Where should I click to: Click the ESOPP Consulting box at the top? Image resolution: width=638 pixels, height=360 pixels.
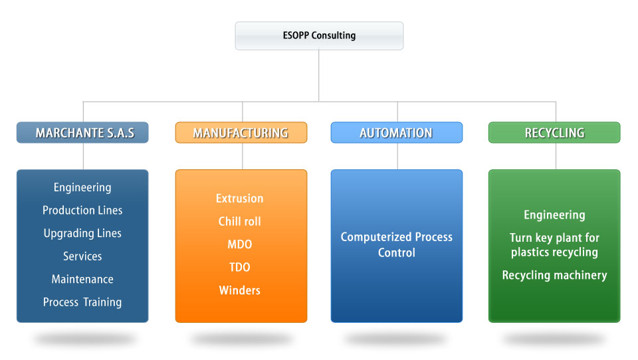[319, 36]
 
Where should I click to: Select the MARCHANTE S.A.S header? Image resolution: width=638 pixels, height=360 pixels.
[82, 133]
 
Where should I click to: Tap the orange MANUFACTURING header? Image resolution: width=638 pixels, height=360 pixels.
[241, 133]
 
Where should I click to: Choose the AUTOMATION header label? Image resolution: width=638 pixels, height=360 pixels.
[397, 133]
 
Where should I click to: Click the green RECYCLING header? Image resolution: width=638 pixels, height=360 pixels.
[554, 133]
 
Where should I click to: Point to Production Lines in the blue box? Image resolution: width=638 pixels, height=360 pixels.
[82, 211]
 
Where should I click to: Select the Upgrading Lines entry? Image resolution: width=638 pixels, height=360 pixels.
[82, 234]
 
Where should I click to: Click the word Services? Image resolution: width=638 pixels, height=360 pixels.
[82, 256]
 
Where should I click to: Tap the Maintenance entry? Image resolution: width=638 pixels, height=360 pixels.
[82, 279]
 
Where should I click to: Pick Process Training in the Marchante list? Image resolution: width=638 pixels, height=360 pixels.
[82, 302]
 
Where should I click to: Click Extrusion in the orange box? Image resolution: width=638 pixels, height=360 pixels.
[240, 199]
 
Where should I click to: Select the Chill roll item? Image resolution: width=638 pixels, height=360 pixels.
[240, 221]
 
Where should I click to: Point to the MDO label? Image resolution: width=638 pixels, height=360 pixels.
[240, 244]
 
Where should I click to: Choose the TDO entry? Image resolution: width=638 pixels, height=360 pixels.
[240, 267]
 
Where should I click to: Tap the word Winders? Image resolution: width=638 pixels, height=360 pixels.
[240, 290]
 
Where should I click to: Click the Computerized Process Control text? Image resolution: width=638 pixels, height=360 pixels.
[397, 245]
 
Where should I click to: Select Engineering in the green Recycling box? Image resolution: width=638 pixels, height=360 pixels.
[554, 215]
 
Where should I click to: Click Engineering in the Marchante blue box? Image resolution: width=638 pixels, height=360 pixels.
[82, 187]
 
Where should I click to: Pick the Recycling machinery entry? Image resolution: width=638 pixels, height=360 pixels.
[554, 276]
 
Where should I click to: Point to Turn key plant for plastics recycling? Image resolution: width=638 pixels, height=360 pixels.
[554, 245]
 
